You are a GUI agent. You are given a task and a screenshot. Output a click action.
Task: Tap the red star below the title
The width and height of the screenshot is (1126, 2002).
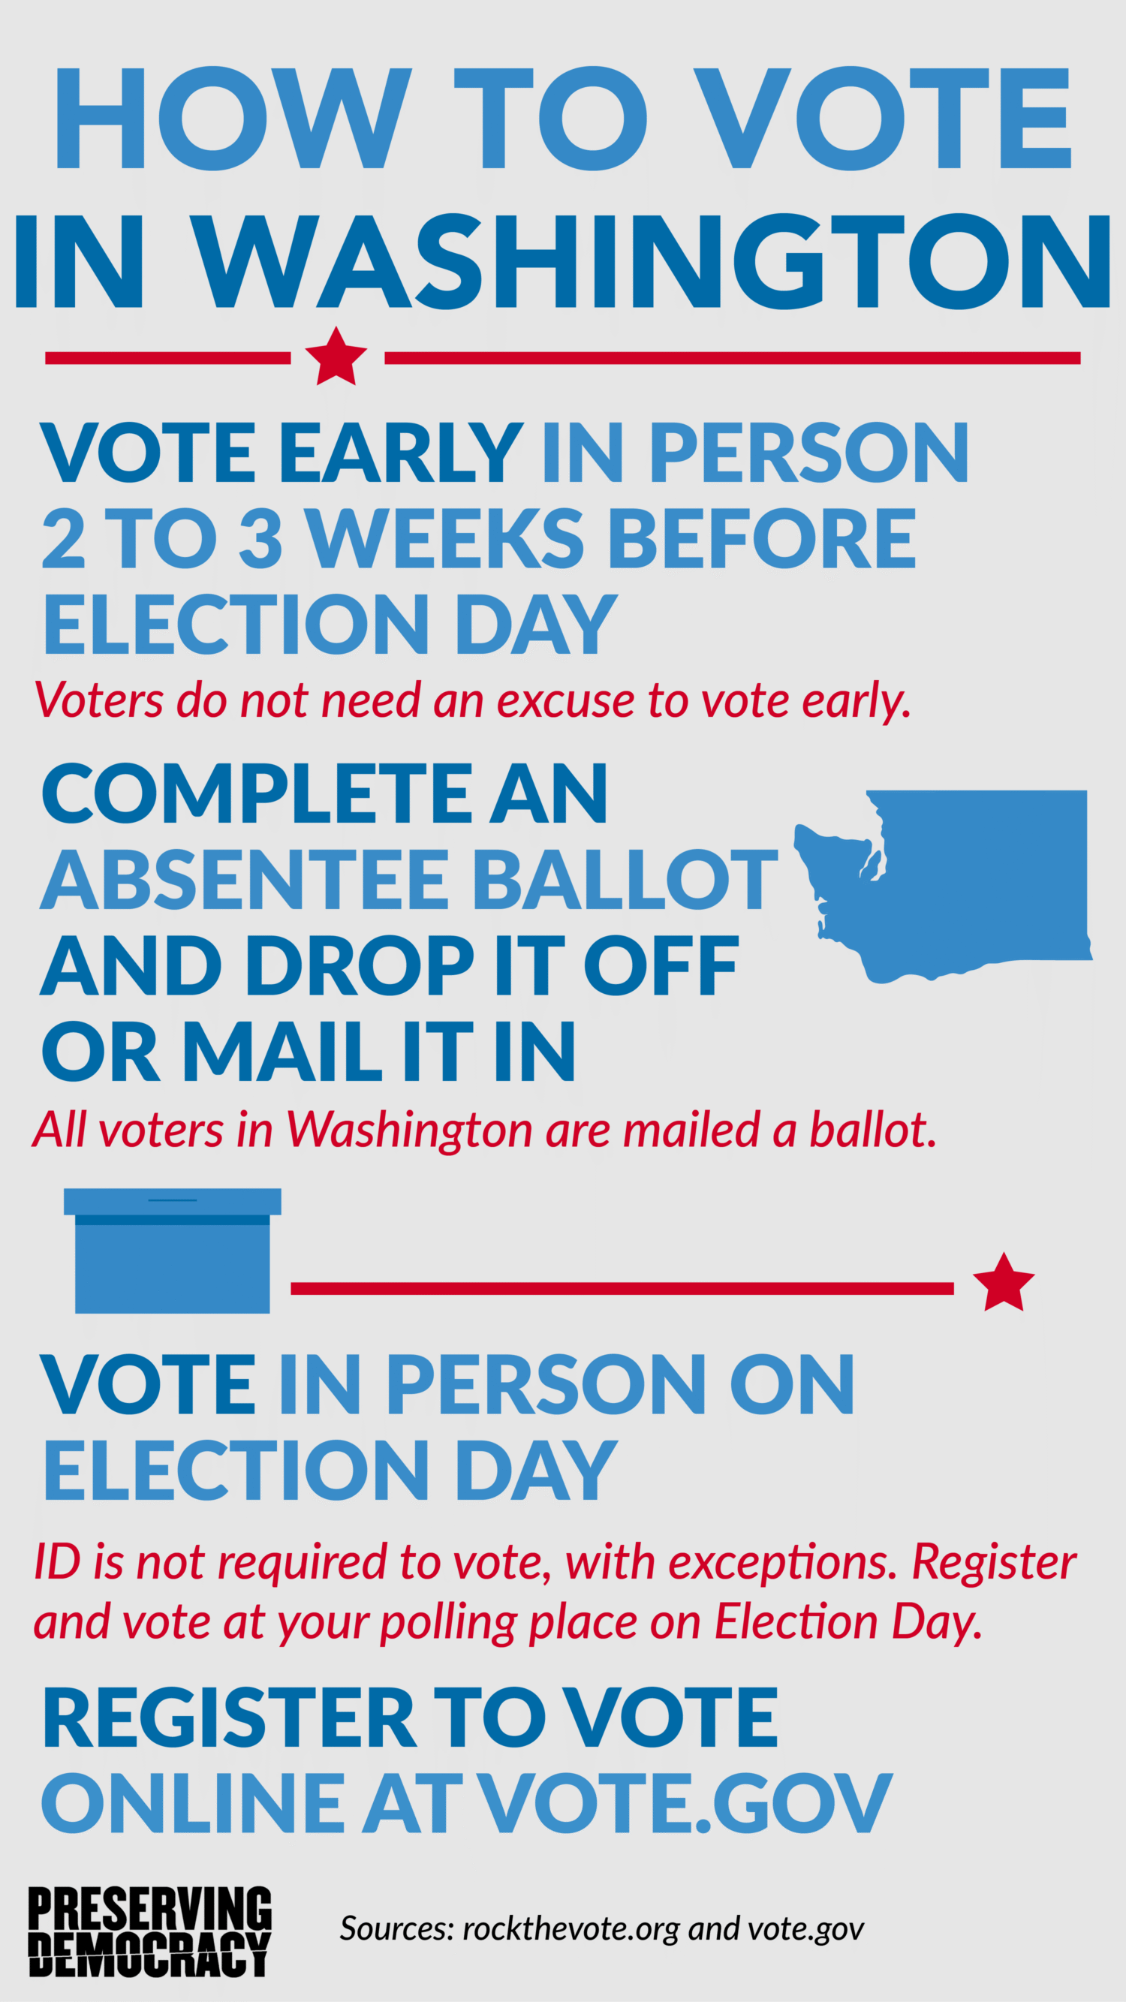pyautogui.click(x=336, y=357)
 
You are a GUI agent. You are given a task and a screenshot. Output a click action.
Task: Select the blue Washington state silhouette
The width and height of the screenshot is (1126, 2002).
pyautogui.click(x=943, y=887)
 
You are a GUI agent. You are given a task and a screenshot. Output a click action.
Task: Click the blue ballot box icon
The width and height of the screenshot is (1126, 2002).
pyautogui.click(x=173, y=1251)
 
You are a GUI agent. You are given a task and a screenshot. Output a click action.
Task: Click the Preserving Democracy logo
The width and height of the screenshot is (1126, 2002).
pyautogui.click(x=150, y=1931)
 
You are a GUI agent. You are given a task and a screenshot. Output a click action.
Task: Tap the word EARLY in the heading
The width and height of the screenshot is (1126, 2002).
pyautogui.click(x=400, y=453)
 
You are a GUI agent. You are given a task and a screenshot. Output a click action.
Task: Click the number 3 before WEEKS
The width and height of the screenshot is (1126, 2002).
pyautogui.click(x=260, y=537)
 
